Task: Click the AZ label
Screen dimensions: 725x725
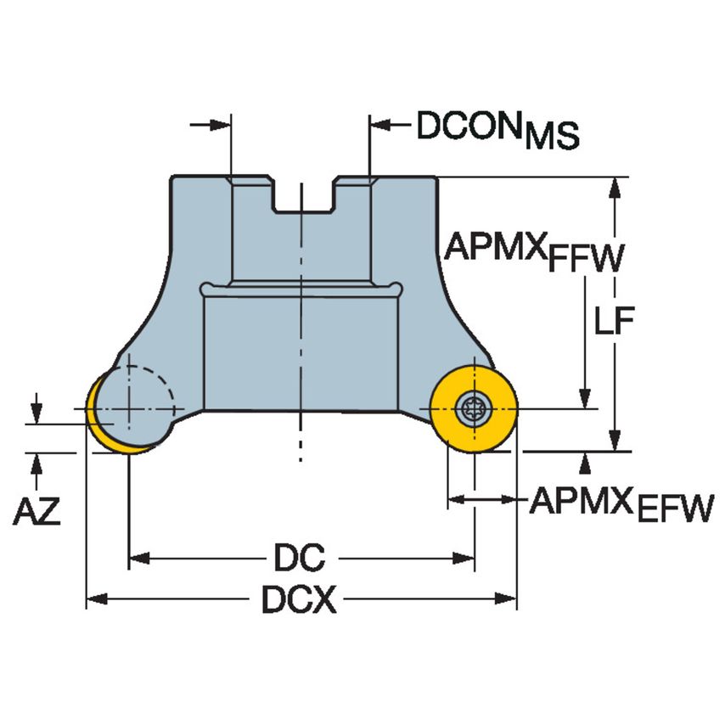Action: point(37,512)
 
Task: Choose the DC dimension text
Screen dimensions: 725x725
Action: point(300,558)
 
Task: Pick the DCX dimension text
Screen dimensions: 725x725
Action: point(300,601)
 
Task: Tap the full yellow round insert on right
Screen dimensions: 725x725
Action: point(473,409)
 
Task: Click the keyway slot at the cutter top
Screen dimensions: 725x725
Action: point(302,196)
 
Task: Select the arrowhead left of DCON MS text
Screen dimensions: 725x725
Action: point(379,126)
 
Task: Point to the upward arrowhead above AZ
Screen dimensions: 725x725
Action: point(37,461)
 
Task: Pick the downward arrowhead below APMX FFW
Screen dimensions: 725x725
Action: point(584,398)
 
